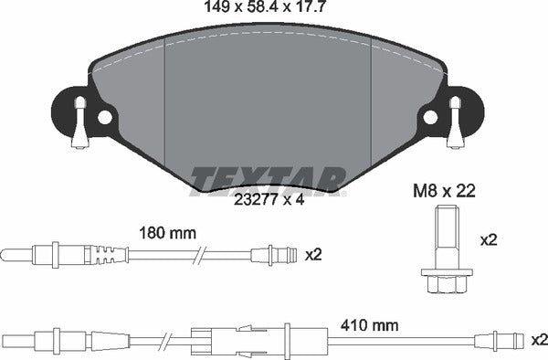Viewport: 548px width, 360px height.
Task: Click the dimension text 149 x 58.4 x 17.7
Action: point(266,10)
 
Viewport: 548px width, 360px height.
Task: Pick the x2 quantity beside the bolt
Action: point(488,241)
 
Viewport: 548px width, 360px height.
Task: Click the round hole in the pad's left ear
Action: point(105,117)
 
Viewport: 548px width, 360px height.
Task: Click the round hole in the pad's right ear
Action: point(430,117)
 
